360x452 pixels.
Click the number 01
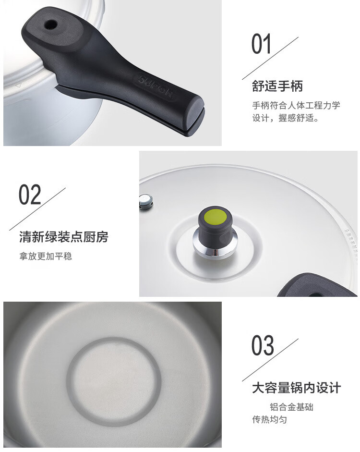[261, 44]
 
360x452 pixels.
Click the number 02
[30, 195]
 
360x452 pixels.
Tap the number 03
[263, 345]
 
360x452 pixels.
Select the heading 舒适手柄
[277, 86]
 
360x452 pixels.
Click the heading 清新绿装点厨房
[64, 237]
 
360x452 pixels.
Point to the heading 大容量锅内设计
[296, 388]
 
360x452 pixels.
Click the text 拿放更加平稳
[46, 256]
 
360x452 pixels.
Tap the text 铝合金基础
[291, 407]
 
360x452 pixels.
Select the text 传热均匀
[269, 419]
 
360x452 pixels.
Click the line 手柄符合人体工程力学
[296, 105]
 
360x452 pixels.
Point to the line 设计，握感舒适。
[286, 118]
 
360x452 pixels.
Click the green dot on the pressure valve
[215, 217]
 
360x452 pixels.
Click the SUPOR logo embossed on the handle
[156, 87]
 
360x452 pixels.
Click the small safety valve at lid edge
[146, 202]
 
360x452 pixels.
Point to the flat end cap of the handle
[197, 112]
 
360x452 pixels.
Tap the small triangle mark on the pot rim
[19, 86]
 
